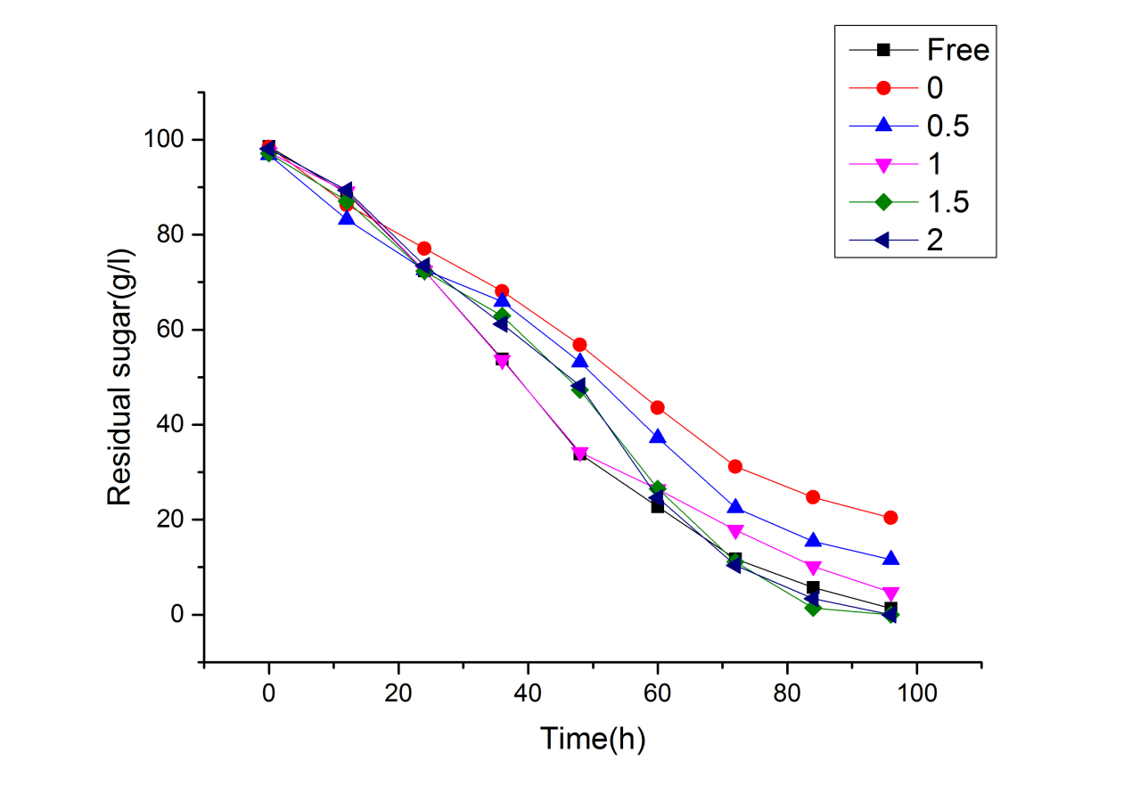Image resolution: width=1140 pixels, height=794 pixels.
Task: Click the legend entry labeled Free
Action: click(x=957, y=50)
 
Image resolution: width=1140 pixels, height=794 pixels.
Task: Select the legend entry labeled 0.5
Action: click(x=947, y=126)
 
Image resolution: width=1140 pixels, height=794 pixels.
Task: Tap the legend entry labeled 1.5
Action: click(x=947, y=201)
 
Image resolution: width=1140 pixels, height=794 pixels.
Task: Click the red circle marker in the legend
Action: click(x=883, y=87)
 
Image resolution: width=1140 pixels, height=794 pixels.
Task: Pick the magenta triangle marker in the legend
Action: click(x=883, y=164)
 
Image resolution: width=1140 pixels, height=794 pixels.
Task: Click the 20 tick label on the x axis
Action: click(x=398, y=692)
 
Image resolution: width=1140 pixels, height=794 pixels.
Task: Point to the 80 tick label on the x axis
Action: click(x=787, y=692)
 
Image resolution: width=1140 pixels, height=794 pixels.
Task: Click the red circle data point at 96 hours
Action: click(x=890, y=518)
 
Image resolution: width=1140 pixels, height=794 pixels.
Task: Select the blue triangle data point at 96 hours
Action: click(x=890, y=559)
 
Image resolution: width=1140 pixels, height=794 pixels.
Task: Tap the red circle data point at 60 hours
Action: click(x=658, y=407)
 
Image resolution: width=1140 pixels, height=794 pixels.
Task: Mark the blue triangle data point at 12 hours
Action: click(x=347, y=217)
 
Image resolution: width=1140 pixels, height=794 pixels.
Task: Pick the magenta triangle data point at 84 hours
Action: click(x=813, y=568)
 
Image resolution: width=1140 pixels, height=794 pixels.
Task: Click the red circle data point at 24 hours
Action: click(x=424, y=249)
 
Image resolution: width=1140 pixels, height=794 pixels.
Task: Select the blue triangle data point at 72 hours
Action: click(x=735, y=506)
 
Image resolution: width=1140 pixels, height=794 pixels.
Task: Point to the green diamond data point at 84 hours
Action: click(x=813, y=608)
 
